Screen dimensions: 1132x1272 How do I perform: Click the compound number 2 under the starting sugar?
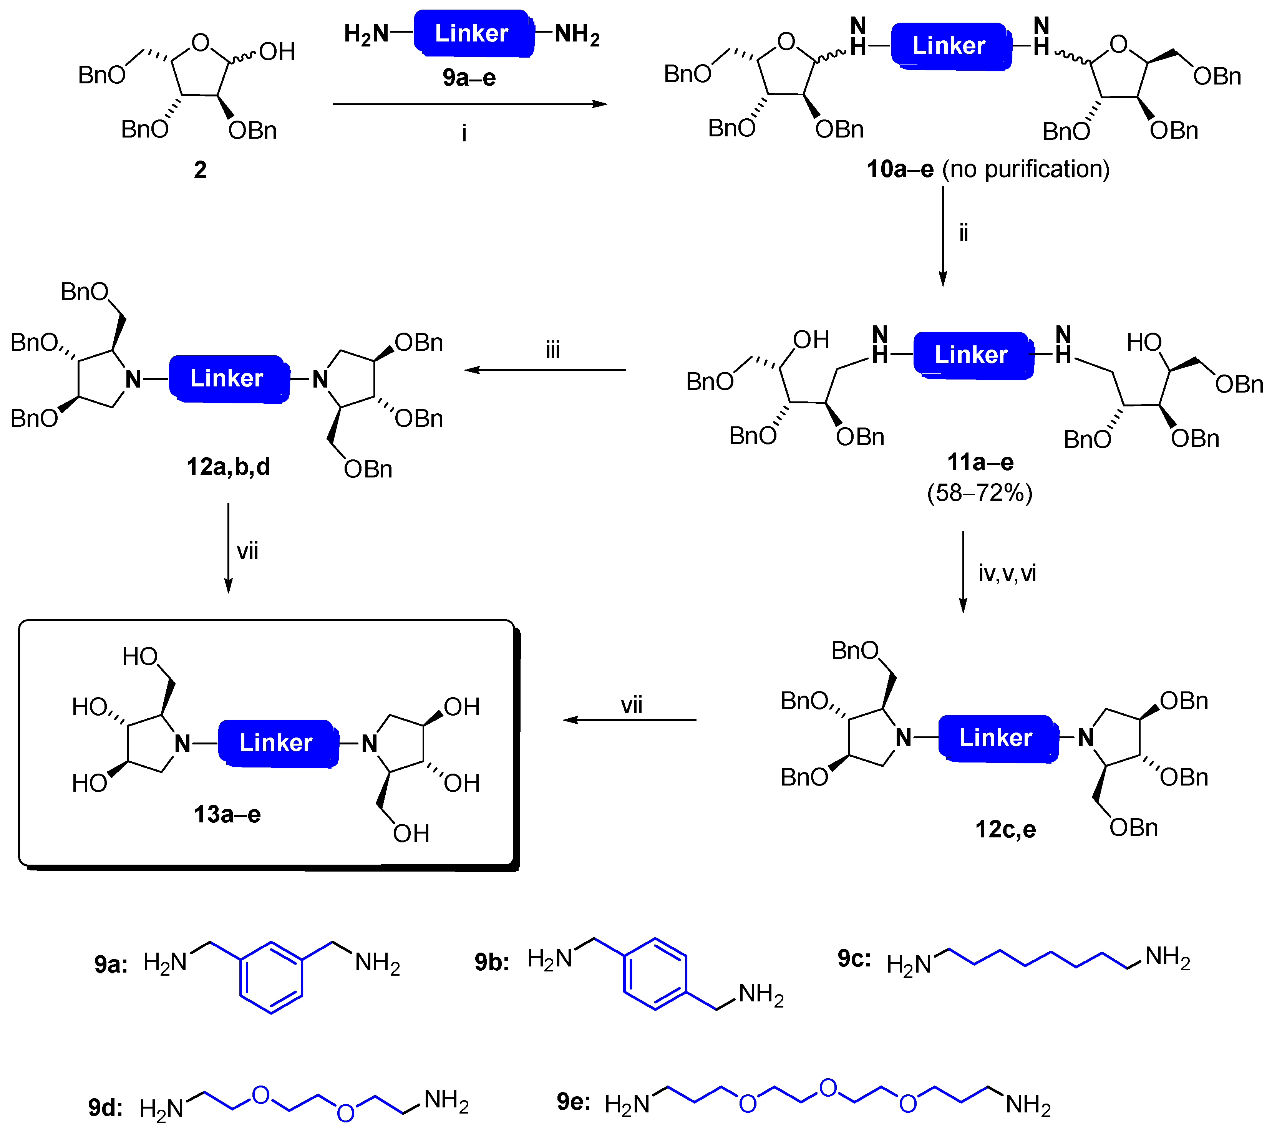tap(200, 170)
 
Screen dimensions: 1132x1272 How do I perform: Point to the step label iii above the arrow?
tap(552, 350)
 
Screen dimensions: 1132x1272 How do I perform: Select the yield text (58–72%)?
tap(980, 493)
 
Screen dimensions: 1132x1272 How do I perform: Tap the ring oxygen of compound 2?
tap(201, 43)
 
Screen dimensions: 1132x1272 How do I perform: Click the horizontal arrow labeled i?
tap(470, 104)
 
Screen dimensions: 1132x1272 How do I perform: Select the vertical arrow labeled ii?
tap(943, 237)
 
